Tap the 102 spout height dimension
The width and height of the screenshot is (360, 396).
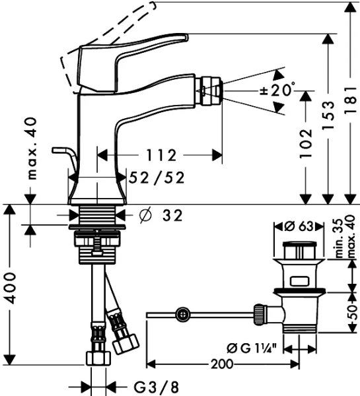click(306, 144)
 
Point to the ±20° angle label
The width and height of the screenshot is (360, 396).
click(277, 90)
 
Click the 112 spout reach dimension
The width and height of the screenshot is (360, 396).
click(162, 155)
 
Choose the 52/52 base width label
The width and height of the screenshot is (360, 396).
click(157, 178)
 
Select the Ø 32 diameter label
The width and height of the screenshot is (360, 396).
click(161, 216)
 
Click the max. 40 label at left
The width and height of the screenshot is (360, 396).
click(32, 148)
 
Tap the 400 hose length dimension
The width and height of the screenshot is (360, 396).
click(10, 288)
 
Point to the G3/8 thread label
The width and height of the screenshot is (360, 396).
click(156, 387)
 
